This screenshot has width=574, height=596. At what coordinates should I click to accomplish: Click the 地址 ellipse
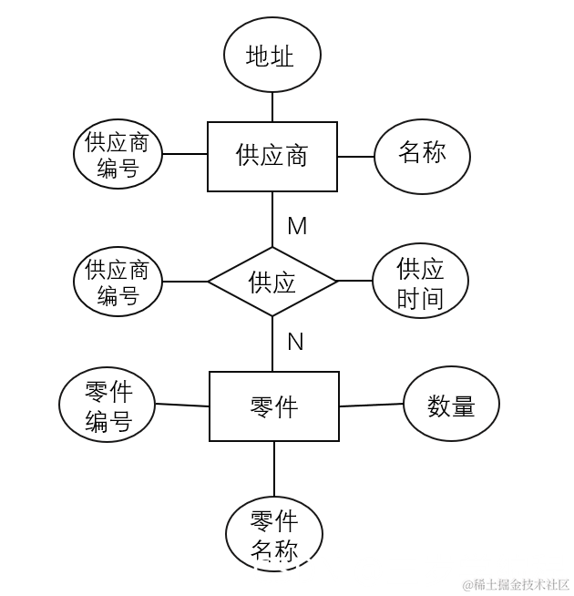272,55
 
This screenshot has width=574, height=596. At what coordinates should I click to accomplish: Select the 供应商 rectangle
272,156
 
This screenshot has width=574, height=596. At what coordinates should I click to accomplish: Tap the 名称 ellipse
422,155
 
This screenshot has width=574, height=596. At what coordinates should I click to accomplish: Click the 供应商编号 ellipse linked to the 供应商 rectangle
118,154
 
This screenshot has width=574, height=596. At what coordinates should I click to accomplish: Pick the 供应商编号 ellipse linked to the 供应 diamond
118,282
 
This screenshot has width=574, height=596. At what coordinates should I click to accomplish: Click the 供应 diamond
272,282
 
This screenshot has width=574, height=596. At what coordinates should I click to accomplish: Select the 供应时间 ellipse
420,282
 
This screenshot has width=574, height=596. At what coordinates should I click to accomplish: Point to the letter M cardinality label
297,226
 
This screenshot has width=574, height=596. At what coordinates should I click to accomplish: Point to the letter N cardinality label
295,342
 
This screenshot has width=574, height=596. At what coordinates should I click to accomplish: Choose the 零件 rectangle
273,406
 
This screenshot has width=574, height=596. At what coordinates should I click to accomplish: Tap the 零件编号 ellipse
108,406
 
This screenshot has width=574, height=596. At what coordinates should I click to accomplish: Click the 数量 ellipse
451,405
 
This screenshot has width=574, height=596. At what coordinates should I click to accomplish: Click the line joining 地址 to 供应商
272,107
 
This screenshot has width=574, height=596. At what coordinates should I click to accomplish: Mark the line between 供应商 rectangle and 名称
355,156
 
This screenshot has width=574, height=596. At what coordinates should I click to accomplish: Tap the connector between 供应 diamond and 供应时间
355,282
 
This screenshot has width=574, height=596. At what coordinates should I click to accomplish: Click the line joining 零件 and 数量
371,406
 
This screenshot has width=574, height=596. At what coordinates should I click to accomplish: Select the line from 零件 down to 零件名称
273,468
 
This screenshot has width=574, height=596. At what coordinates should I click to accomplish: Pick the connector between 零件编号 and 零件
182,406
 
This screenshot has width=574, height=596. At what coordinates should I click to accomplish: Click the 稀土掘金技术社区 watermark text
515,584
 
